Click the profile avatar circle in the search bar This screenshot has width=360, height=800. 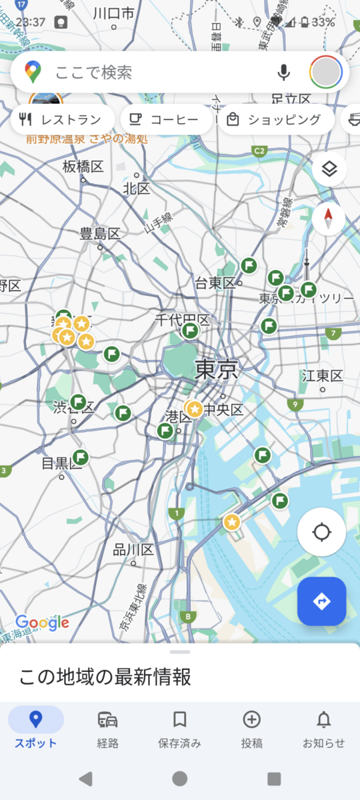326,72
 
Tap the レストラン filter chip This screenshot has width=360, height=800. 61,120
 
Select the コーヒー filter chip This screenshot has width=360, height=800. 166,120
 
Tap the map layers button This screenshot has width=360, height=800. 329,169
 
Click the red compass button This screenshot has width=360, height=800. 329,218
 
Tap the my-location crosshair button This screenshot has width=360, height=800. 321,532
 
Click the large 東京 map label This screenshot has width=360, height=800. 217,369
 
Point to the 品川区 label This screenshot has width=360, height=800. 133,550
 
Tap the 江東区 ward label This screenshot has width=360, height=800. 322,376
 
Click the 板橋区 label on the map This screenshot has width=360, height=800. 83,167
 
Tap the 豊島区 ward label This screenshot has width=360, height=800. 100,234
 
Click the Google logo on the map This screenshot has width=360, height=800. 43,623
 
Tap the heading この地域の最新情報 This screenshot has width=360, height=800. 105,678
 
